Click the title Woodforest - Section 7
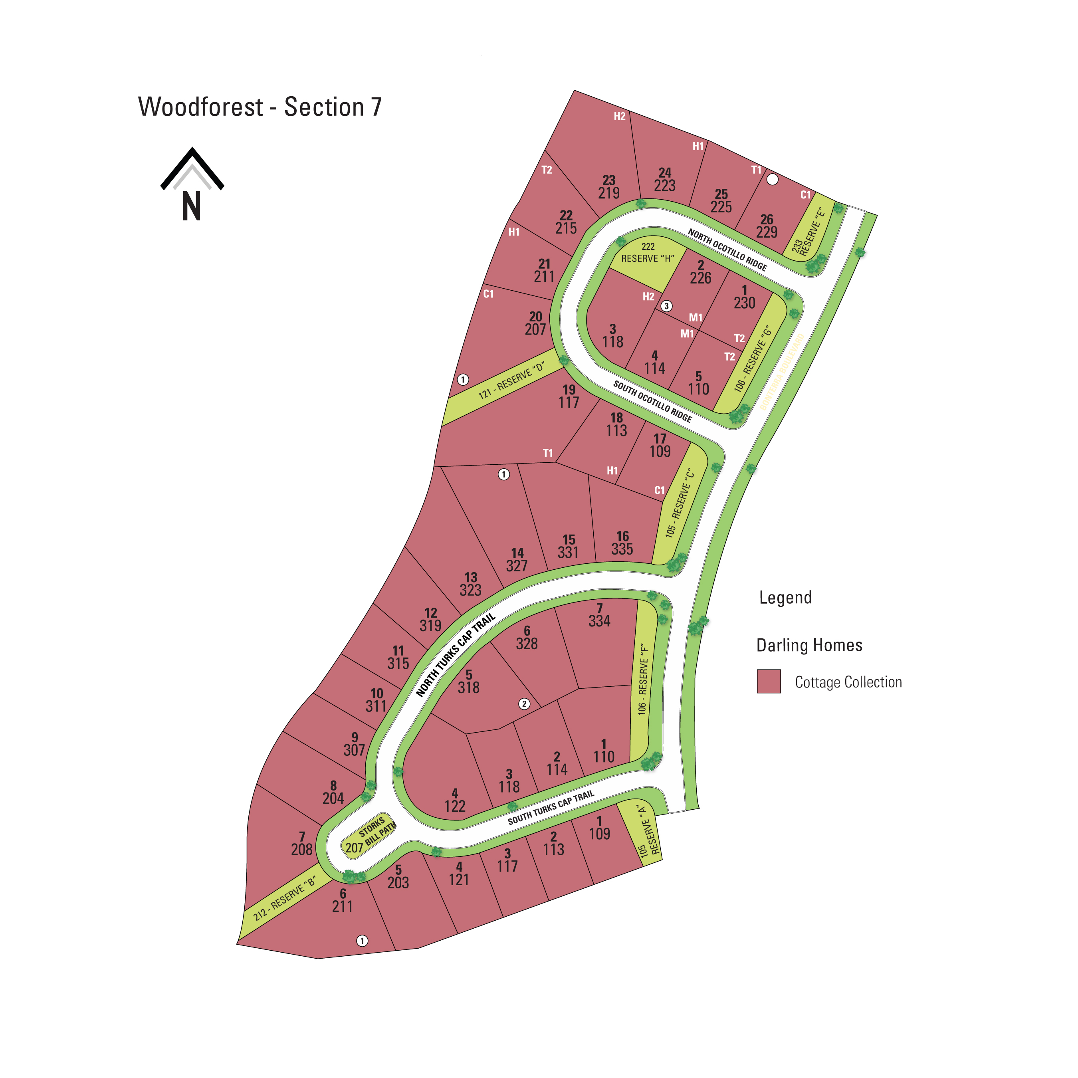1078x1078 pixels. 260,107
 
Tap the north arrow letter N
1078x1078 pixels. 191,206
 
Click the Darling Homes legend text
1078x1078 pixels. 809,645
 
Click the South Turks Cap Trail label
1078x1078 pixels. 551,807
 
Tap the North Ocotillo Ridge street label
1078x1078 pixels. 727,250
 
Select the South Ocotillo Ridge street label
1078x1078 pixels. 652,401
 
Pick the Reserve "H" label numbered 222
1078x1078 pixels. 648,253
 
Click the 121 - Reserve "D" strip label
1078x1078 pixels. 511,381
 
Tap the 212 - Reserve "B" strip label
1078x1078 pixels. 285,898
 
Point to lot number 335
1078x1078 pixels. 622,549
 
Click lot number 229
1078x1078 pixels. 767,232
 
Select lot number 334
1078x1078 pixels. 599,620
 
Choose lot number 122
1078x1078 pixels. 455,806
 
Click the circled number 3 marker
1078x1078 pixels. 666,306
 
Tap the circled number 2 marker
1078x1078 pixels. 524,703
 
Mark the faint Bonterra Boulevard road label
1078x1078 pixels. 782,372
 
